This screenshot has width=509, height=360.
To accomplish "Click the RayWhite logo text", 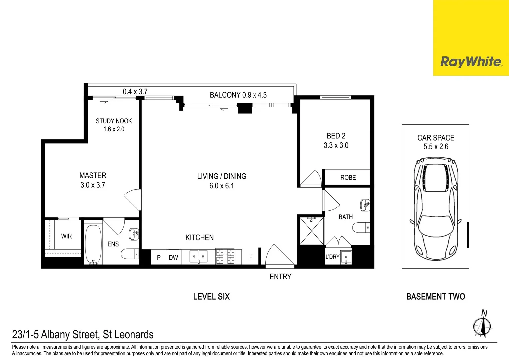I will (x=471, y=62).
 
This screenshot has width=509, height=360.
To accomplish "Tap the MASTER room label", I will (x=93, y=175).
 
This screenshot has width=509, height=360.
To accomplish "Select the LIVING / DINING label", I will (x=221, y=176).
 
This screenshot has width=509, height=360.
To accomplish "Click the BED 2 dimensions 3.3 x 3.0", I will (x=336, y=145).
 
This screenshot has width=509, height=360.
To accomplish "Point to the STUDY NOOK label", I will (x=114, y=121).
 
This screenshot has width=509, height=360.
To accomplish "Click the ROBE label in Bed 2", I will (x=348, y=178).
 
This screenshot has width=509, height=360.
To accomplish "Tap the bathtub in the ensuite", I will (x=93, y=244).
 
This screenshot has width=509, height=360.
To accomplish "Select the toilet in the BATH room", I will (x=361, y=227).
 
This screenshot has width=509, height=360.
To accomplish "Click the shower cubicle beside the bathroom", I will (x=311, y=231).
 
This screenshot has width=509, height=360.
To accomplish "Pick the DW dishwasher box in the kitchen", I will (x=173, y=257).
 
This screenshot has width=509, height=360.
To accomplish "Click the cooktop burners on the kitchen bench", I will (x=225, y=256).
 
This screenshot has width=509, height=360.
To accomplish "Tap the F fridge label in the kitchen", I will (x=251, y=257).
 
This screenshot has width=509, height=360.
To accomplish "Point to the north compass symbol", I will (x=482, y=325).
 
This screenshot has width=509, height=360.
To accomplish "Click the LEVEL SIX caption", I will (x=211, y=296).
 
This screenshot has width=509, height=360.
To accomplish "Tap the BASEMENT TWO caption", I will (x=435, y=296).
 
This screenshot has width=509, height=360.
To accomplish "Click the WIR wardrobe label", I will (x=66, y=236).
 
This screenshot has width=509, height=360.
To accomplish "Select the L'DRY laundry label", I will (x=332, y=257).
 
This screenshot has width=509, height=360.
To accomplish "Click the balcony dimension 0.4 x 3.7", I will (x=135, y=91).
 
